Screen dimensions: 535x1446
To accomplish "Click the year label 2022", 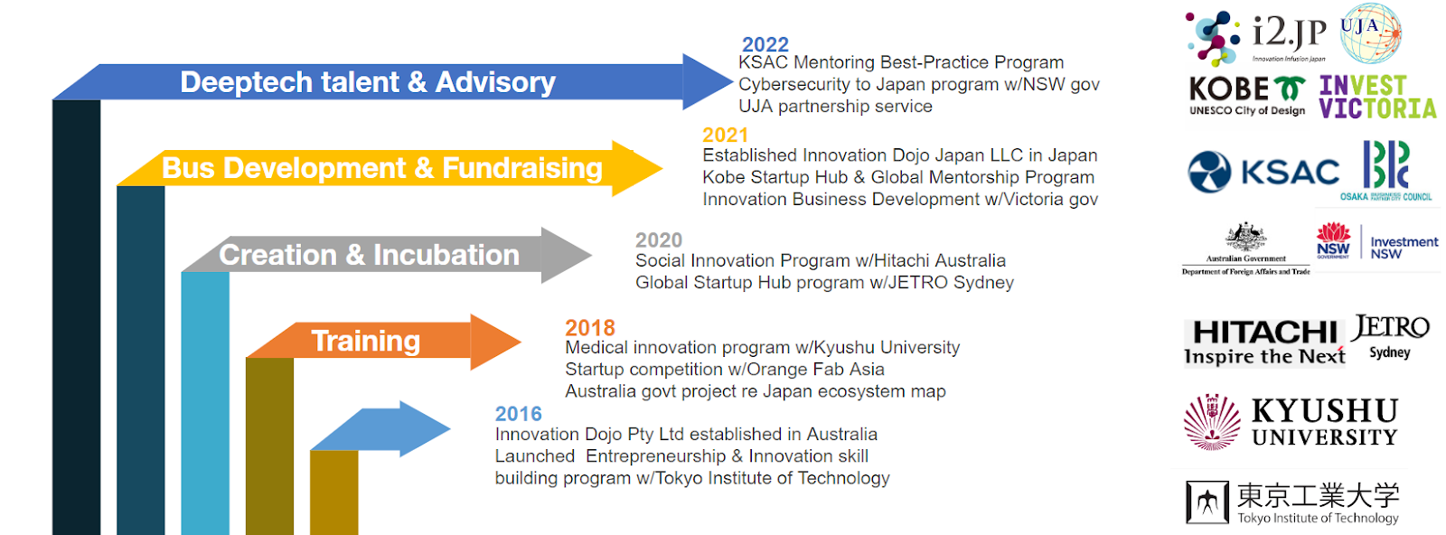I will (x=765, y=44).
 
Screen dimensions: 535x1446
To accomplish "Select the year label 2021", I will (x=725, y=136).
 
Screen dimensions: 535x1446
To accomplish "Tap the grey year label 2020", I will (x=658, y=240).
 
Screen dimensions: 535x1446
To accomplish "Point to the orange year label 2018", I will (x=589, y=327).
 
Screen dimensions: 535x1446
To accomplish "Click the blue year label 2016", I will (x=518, y=414).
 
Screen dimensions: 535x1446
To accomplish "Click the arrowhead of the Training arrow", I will (x=494, y=342).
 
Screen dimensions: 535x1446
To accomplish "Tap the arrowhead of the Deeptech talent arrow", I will (x=706, y=81).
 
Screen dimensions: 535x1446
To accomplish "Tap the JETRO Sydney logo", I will (x=1390, y=336).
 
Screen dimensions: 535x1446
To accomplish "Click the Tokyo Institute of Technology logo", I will (x=1292, y=502).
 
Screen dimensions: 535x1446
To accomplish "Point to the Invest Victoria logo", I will (x=1376, y=98).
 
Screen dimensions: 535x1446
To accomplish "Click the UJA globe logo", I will (x=1370, y=33).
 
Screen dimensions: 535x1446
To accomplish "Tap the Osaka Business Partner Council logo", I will (x=1385, y=170).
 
